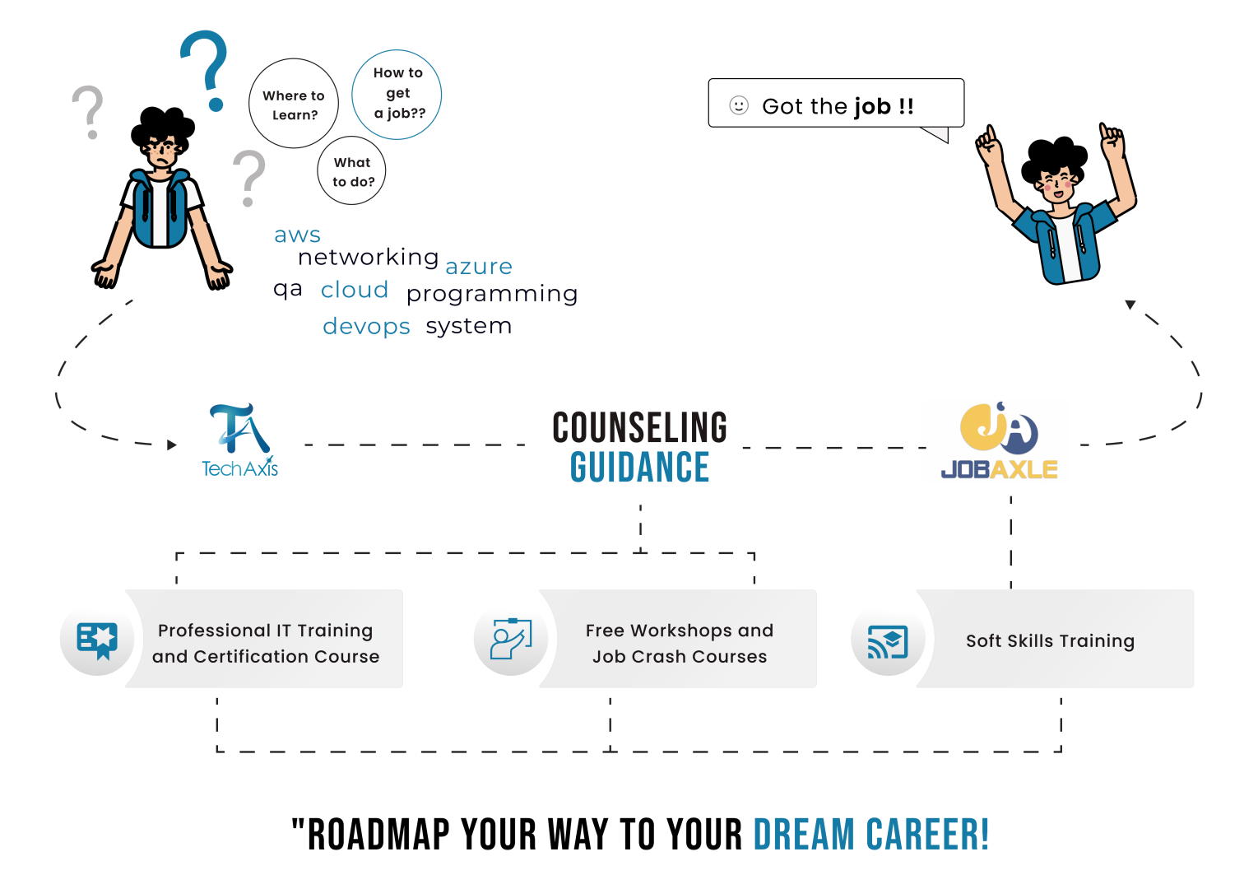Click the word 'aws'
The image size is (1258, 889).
[297, 235]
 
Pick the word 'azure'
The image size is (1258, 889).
[479, 267]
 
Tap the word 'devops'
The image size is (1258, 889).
[366, 327]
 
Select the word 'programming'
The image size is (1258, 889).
[492, 294]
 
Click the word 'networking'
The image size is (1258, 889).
[368, 257]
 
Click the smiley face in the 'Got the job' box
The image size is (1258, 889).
[739, 105]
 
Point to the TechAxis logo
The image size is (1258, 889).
[239, 440]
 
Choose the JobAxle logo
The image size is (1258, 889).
[999, 440]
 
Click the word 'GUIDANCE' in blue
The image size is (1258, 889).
[639, 467]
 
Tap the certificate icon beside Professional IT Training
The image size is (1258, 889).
[97, 640]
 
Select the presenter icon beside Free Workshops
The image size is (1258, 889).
[511, 639]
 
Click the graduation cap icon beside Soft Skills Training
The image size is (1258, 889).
[888, 641]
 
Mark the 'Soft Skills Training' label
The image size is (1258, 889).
[1050, 640]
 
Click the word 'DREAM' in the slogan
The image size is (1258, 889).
[804, 835]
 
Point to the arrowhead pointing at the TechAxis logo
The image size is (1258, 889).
[172, 445]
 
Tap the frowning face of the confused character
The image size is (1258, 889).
[162, 153]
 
